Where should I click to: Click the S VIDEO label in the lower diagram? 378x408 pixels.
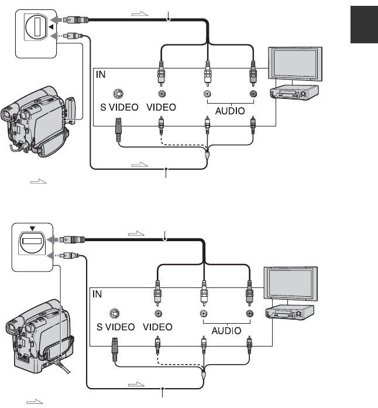click(116, 330)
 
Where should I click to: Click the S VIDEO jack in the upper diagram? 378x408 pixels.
click(118, 94)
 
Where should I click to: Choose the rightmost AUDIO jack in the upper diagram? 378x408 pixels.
click(253, 94)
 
